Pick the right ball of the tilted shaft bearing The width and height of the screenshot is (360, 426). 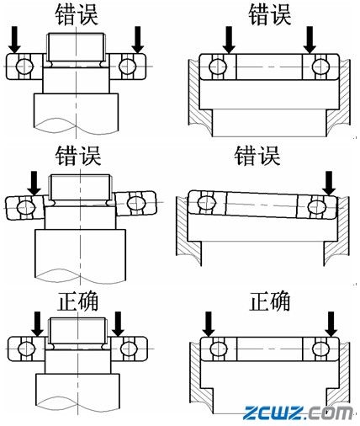pos(132,201)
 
